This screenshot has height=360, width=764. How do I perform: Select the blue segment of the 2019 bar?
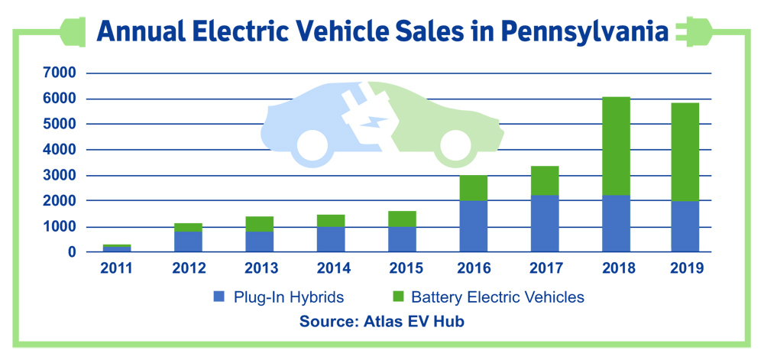685,226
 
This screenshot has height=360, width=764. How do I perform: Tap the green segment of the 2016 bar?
473,188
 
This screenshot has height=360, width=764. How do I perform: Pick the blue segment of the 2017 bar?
545,223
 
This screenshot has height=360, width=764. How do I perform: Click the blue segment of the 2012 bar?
187,242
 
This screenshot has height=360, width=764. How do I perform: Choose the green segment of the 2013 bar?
259,224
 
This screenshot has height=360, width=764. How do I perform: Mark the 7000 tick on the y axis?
60,73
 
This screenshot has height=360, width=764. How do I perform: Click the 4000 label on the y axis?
60,150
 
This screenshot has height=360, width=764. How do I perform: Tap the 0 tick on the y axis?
72,252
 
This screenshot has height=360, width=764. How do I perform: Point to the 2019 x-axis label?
685,268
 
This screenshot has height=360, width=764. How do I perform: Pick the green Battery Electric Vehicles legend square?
397,297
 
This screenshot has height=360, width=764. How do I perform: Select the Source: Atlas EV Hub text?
382,322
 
